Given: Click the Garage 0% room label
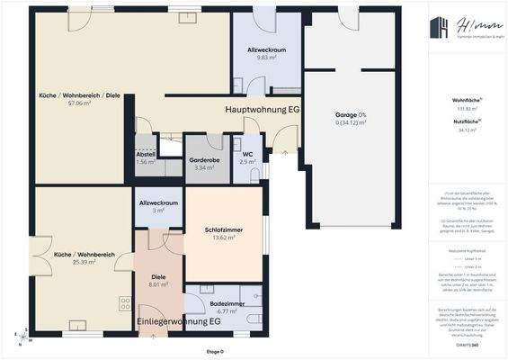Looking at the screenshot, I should [351, 116].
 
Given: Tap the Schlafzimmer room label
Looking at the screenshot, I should [224, 230].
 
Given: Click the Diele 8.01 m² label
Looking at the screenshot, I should [158, 277].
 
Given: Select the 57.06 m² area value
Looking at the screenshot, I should [80, 103].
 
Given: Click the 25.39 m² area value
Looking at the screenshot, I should [83, 262].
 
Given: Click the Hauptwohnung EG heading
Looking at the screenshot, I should [262, 108].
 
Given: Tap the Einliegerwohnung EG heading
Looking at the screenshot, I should [178, 321].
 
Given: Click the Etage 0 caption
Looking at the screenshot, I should [215, 350].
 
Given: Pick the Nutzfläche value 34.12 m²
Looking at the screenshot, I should [466, 130].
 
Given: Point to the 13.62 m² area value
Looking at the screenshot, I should [224, 238].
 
